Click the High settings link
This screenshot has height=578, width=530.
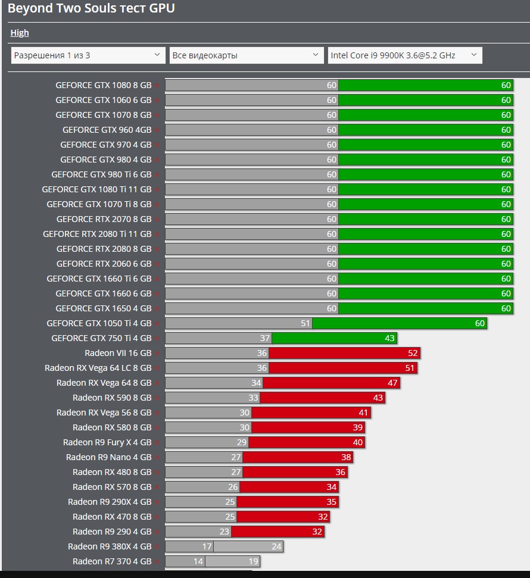pos(20,33)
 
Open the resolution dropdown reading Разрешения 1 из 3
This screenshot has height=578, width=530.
pos(88,55)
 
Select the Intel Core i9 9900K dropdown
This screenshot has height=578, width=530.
pos(405,55)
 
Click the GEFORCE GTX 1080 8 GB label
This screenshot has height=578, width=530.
pos(104,85)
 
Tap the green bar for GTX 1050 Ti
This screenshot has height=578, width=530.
pos(399,323)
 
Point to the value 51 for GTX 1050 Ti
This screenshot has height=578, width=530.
pos(305,323)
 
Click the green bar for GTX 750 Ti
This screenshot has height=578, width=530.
pos(334,338)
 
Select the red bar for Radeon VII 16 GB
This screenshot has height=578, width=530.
pos(339,353)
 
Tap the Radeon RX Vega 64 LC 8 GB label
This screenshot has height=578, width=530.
pos(98,368)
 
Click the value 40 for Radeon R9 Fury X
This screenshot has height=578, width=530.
pos(357,442)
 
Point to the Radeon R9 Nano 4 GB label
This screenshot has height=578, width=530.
pos(109,457)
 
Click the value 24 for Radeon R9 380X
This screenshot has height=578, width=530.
pos(276,546)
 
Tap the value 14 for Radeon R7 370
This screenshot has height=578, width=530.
pos(198,561)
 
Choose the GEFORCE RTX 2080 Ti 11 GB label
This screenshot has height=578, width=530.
pos(97,234)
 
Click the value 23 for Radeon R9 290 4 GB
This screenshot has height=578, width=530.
pos(224,532)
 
